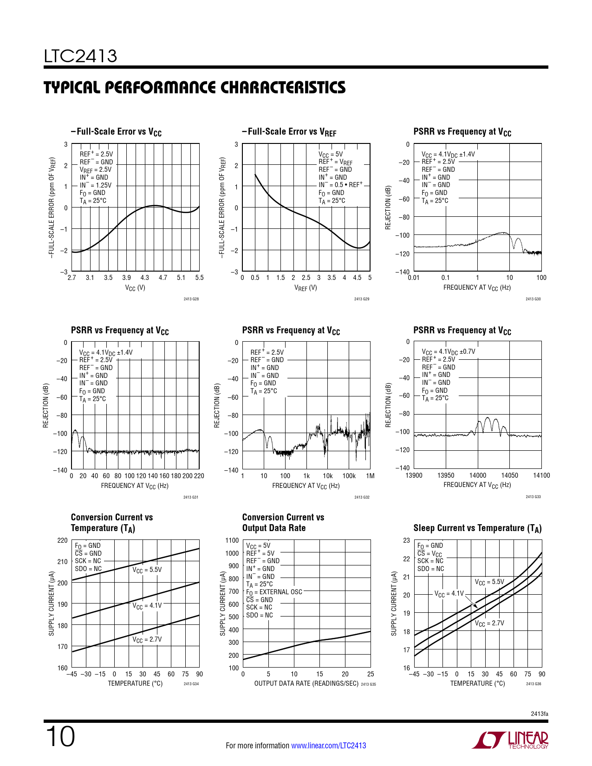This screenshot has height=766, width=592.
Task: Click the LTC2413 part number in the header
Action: (x=80, y=57)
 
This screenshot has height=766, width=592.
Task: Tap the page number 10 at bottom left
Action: (x=60, y=737)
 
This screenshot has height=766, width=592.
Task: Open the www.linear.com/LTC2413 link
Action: (x=328, y=746)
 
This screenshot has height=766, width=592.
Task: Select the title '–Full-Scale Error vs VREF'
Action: (x=289, y=132)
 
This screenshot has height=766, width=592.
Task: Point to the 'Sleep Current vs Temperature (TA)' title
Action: (x=477, y=528)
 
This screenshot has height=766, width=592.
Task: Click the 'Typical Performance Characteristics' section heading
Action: (x=195, y=88)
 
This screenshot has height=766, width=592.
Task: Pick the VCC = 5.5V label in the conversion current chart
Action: (x=147, y=570)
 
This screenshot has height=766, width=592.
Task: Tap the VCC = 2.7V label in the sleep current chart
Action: (x=489, y=623)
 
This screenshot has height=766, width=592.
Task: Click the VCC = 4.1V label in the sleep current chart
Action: (x=449, y=594)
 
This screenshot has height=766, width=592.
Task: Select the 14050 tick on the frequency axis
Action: (x=509, y=475)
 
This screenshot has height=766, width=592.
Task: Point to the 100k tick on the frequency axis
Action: (x=349, y=476)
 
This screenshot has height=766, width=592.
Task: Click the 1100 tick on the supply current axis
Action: (x=232, y=540)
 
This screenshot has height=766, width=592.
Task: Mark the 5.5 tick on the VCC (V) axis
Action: (x=199, y=278)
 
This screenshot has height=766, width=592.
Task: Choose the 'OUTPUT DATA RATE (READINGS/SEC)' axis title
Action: (x=306, y=683)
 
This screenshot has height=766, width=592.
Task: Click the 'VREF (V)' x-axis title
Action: (x=306, y=288)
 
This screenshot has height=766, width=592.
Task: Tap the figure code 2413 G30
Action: (x=533, y=299)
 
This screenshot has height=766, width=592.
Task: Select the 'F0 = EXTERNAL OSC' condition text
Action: (x=274, y=592)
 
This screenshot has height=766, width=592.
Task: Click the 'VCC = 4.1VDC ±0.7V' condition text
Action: (x=448, y=352)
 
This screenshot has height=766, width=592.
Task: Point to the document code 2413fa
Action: (x=540, y=714)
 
